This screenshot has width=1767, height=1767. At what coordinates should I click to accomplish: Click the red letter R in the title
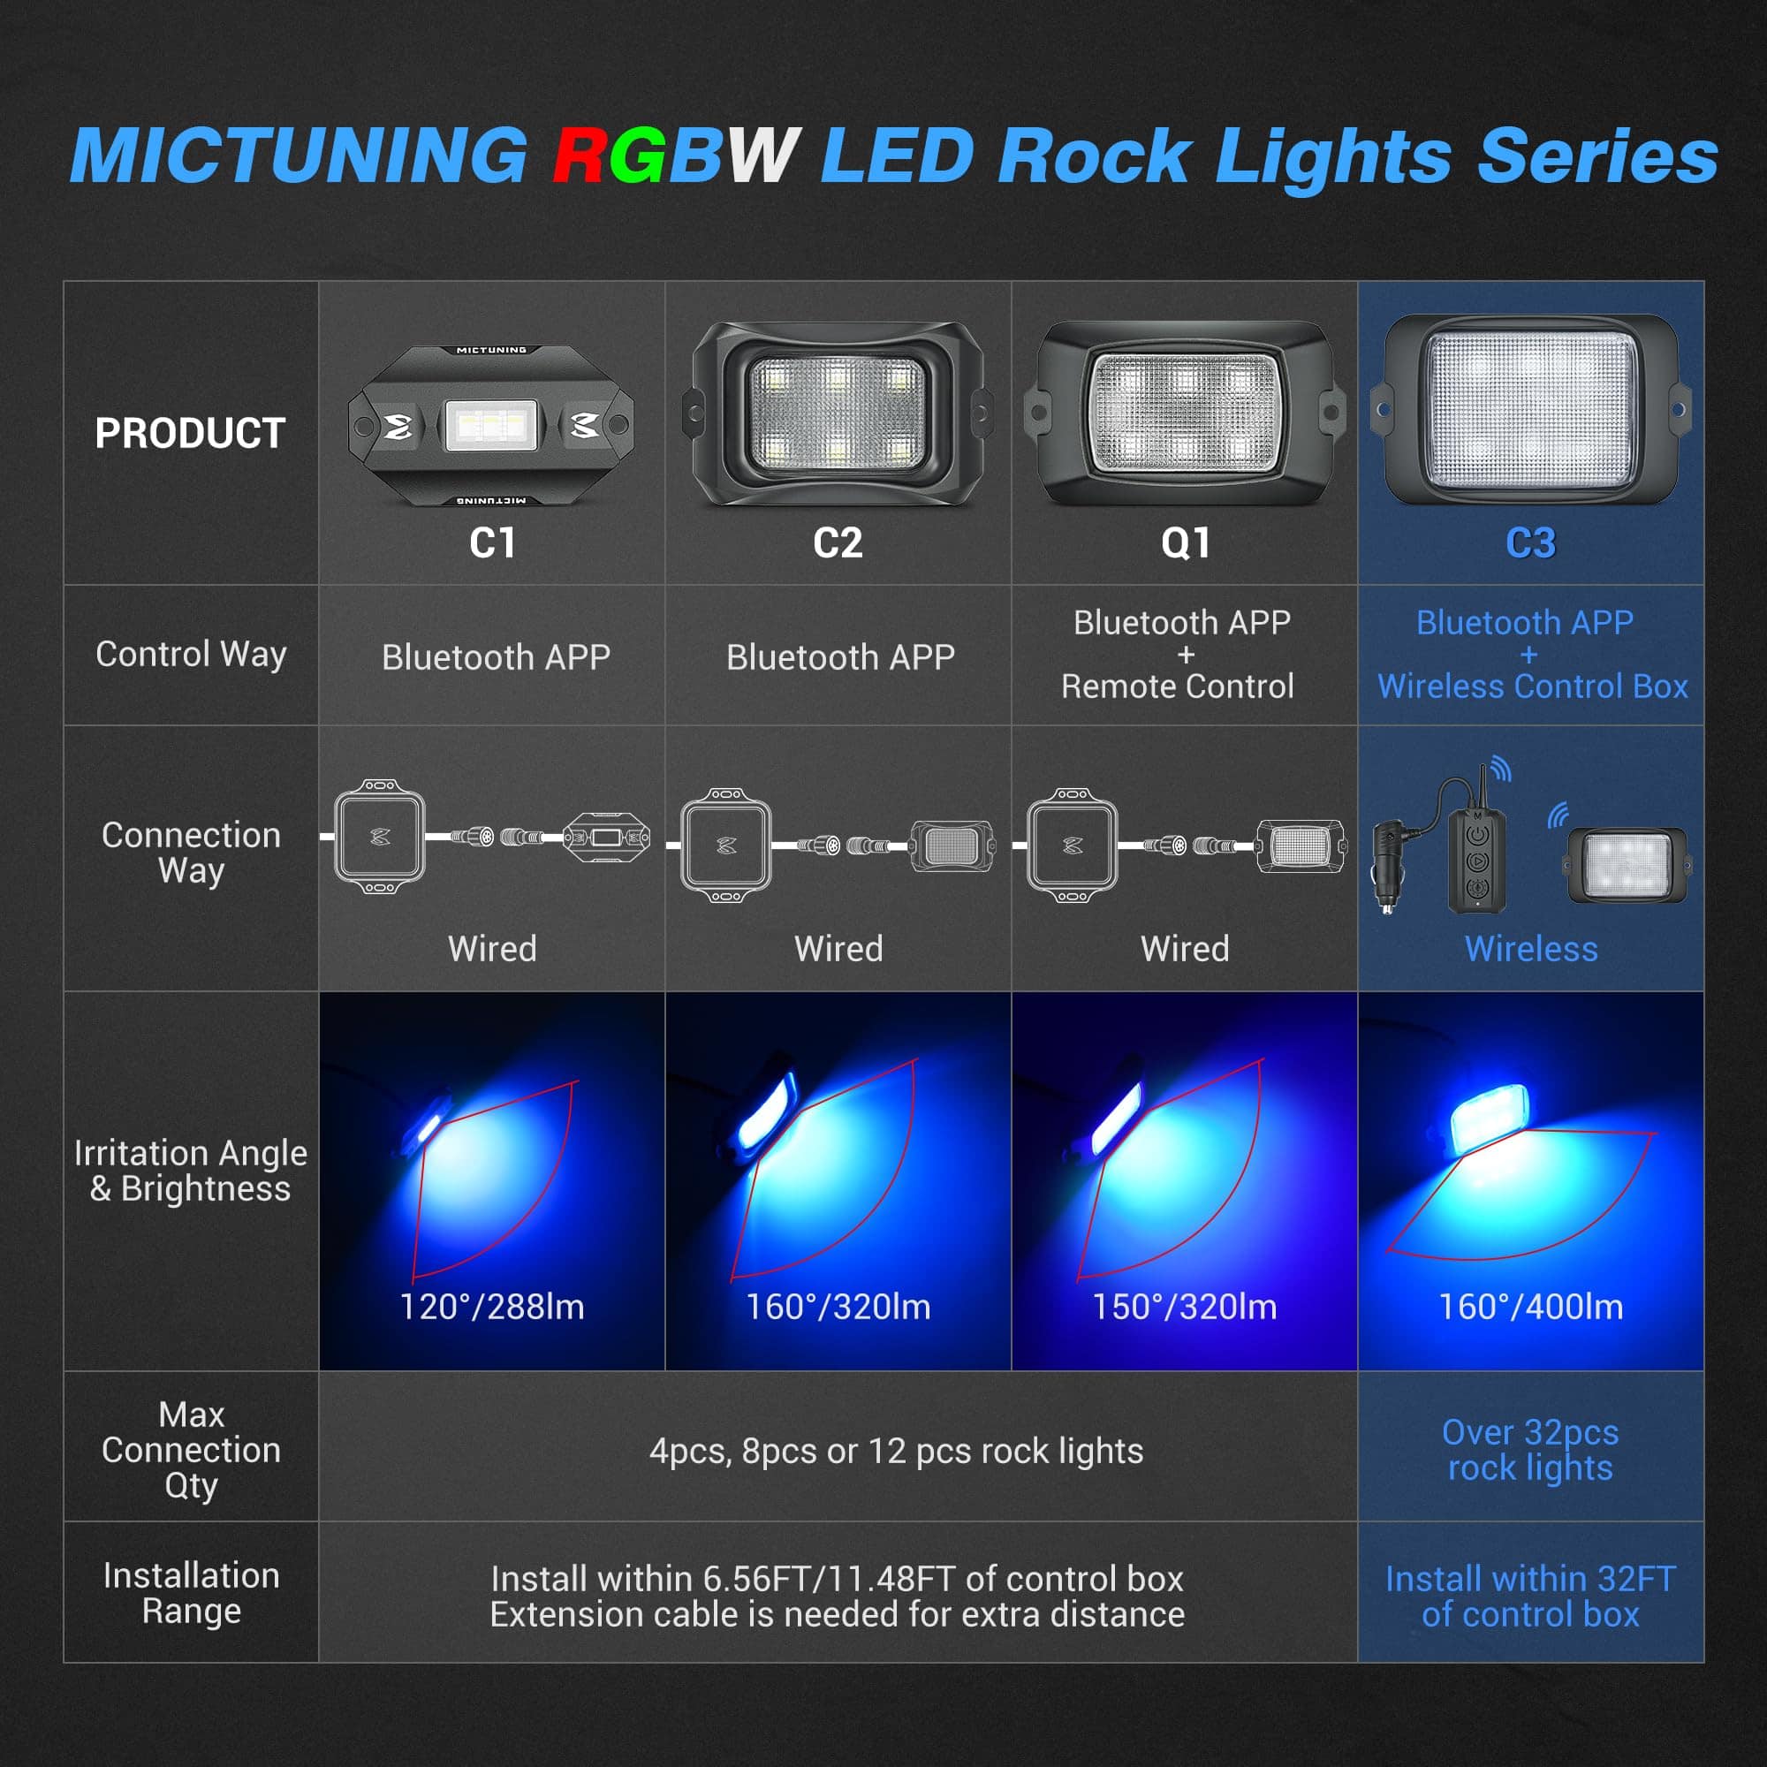582,155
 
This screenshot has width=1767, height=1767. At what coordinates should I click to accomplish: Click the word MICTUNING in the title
300,155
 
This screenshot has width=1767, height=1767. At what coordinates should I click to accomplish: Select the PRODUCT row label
190,433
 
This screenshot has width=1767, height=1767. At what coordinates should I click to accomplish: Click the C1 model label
492,543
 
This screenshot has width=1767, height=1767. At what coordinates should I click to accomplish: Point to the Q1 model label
1186,543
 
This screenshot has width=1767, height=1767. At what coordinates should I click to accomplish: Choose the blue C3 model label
1530,543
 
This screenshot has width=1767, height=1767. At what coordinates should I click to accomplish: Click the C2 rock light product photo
837,413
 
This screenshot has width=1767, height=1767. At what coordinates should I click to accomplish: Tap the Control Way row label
191,654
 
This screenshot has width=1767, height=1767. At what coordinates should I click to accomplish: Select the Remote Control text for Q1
1177,686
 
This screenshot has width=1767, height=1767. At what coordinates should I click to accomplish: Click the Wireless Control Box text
1533,686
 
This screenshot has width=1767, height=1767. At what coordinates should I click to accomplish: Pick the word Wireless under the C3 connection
1531,948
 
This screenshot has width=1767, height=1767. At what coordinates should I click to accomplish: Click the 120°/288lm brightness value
492,1307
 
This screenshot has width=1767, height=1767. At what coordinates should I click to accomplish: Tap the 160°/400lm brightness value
1531,1307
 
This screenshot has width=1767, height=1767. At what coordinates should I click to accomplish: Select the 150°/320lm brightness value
1185,1307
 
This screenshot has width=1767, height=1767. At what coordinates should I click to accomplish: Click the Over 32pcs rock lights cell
1530,1450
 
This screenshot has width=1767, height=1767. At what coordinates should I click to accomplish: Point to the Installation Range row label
191,1593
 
